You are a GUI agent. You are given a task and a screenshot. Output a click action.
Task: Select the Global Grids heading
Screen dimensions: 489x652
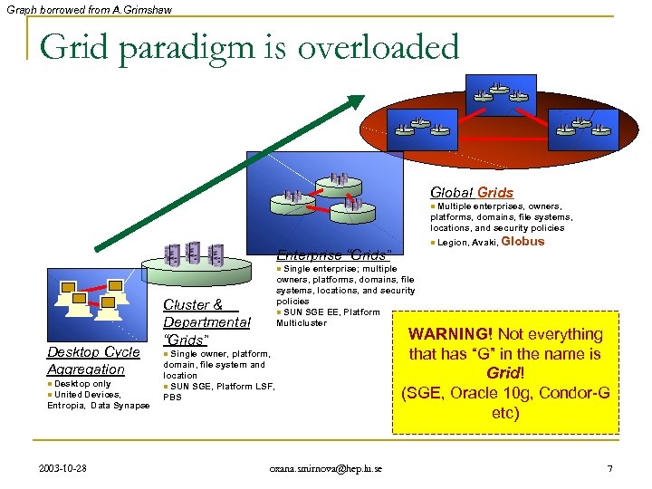pyautogui.click(x=472, y=192)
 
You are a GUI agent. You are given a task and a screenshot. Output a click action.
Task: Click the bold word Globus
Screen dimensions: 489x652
pyautogui.click(x=523, y=242)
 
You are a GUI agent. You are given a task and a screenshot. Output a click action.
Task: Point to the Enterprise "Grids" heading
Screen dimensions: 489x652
pyautogui.click(x=333, y=254)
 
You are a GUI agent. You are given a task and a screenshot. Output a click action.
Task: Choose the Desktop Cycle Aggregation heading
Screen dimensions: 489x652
pyautogui.click(x=92, y=360)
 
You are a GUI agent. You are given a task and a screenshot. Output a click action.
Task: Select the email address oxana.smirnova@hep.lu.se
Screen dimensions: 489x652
pyautogui.click(x=326, y=468)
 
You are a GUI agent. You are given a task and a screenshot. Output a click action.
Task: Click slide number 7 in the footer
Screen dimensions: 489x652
pyautogui.click(x=609, y=468)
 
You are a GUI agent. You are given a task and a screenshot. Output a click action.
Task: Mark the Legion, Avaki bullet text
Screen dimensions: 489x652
pyautogui.click(x=465, y=243)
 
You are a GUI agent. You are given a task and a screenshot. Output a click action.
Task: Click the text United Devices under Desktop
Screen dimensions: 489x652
pyautogui.click(x=84, y=395)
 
